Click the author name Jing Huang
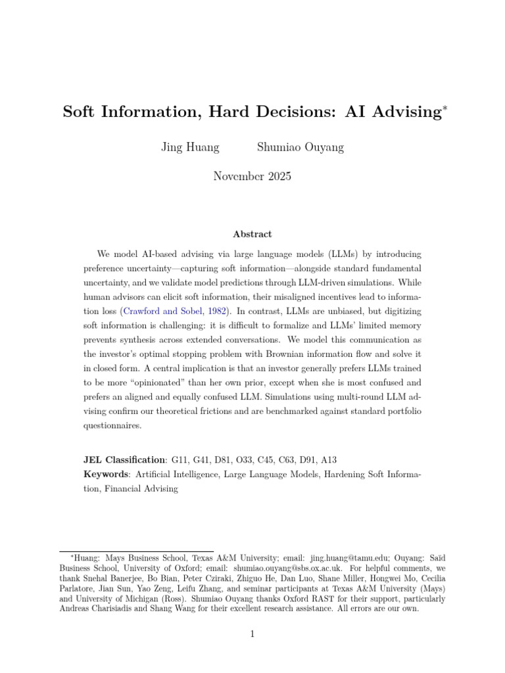click(x=190, y=147)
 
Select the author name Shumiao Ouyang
click(x=300, y=147)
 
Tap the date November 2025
click(x=252, y=176)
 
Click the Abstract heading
click(x=252, y=234)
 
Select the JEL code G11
click(x=180, y=460)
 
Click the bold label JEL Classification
click(x=124, y=460)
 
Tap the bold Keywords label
click(x=106, y=475)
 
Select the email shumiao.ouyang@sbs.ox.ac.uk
click(x=286, y=567)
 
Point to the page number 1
click(x=252, y=634)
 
